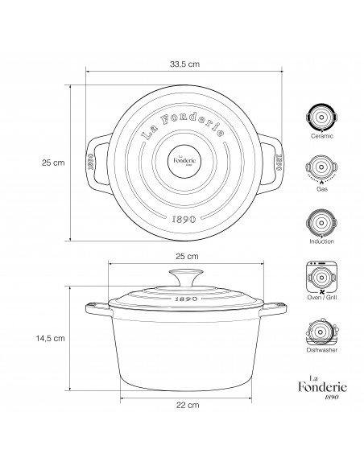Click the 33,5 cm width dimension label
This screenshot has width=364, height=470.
tap(184, 64)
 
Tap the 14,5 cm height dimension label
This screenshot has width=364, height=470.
tap(51, 338)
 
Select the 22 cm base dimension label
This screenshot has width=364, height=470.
tap(188, 405)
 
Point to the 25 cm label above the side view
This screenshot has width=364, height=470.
tap(187, 256)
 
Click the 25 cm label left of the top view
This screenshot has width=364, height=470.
tap(53, 163)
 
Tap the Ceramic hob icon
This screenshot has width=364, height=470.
tap(321, 117)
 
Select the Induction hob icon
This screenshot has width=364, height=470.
tap(321, 223)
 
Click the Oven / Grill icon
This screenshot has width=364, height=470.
tap(321, 278)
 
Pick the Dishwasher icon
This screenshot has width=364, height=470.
tap(321, 332)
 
